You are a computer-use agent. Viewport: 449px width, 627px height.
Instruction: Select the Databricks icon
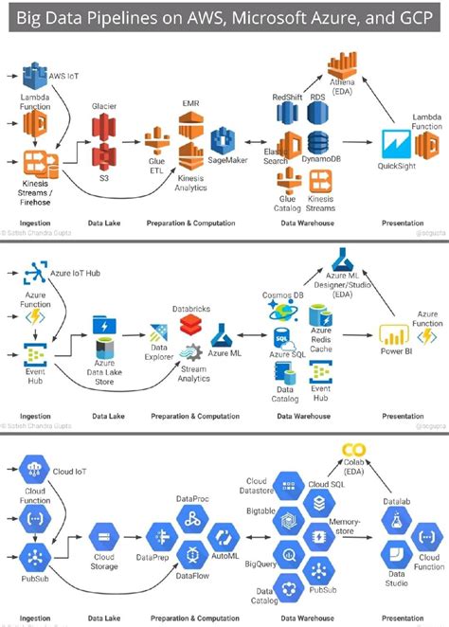tap(191, 323)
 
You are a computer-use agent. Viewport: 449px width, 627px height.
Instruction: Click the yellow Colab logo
tap(354, 451)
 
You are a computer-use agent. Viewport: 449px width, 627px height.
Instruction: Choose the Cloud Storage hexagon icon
tap(104, 535)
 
